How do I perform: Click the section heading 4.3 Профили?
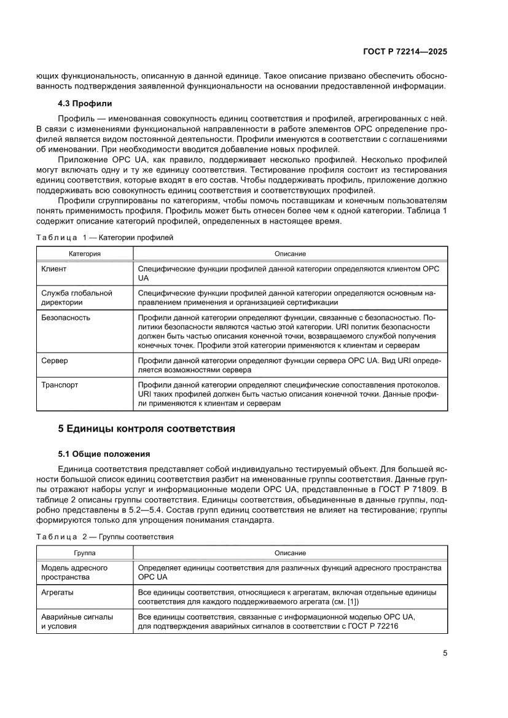85,103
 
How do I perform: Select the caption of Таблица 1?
105,236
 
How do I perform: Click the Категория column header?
84,254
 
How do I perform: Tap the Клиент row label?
54,269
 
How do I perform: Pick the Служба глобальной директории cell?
76,298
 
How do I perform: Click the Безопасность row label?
66,318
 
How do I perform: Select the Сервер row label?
55,361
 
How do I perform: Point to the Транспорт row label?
60,385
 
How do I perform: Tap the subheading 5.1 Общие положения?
104,455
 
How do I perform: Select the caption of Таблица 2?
105,536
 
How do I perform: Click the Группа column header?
84,553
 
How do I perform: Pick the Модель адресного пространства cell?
74,572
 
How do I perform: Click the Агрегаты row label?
58,592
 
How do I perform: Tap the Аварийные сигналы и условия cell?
77,621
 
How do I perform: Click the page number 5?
445,654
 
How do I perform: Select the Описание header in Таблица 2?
290,553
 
